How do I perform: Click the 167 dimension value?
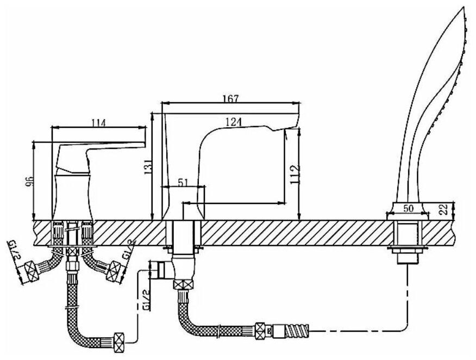[231, 98]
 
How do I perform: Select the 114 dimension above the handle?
[98, 122]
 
